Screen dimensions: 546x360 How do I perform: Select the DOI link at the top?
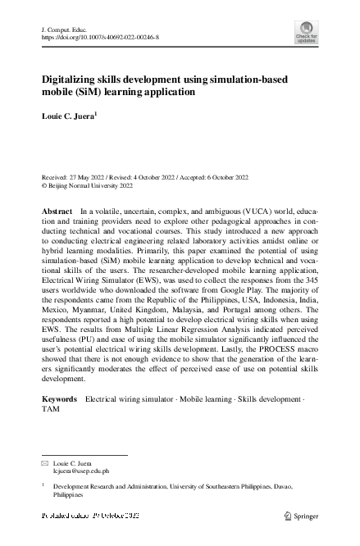tap(99, 38)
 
